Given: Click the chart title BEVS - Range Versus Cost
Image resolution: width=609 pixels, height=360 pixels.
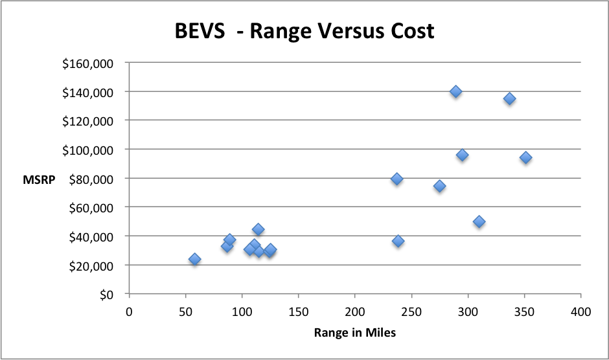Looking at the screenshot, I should pos(304,32).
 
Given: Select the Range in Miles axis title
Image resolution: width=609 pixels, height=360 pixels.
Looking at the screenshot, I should pos(354,333).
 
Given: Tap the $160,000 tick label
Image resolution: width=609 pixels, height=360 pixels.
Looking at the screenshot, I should pos(88,63).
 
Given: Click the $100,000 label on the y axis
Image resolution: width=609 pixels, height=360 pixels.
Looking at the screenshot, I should pos(88,150).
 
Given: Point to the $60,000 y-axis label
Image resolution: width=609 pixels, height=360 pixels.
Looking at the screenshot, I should pos(91,207).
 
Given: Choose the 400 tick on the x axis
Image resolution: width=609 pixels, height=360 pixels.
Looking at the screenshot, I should pos(580,311).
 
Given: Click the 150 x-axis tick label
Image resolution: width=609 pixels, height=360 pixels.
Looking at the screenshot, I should pos(298,311).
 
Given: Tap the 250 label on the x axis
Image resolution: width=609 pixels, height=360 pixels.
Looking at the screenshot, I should pos(411,311).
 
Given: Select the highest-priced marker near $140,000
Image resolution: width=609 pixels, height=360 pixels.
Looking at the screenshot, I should pos(455,91).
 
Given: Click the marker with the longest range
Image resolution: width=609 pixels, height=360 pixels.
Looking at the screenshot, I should pos(525,157).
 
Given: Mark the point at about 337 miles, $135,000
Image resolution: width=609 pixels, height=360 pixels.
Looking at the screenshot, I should pos(509,98).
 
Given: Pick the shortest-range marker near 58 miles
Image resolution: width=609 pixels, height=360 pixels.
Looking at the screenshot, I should pos(194,259).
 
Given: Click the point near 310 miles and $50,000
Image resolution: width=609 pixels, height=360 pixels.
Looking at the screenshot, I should pos(479,221).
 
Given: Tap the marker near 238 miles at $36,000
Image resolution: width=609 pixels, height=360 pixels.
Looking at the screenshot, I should pos(398,241).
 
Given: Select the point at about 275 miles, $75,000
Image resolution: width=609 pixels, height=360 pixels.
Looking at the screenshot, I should pos(439,186).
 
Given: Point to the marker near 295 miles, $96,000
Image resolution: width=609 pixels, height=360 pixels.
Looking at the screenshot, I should pos(462,155).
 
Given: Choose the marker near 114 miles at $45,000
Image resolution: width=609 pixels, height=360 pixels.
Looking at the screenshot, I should pos(258,229).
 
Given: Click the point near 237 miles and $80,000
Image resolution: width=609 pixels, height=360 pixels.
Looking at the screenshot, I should pos(396,179).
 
